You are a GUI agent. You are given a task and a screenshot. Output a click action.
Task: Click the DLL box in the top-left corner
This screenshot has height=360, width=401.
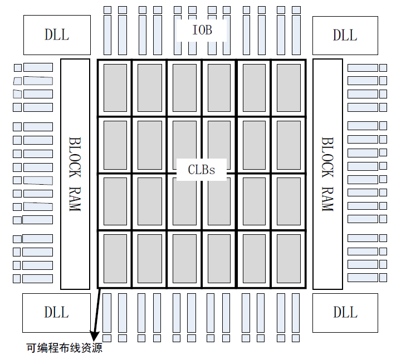click(57, 34)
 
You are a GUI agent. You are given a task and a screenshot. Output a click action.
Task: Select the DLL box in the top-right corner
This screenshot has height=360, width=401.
click(345, 34)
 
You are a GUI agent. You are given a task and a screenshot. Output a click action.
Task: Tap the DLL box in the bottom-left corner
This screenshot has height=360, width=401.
click(56, 312)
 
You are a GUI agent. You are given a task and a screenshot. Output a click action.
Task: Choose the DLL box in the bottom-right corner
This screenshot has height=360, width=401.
click(345, 312)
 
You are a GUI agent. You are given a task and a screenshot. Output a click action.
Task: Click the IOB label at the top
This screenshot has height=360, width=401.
click(202, 30)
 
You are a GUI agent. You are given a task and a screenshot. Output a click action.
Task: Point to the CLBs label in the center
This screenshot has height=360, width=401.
click(202, 169)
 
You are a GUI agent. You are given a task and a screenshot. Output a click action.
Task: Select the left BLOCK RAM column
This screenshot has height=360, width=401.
click(75, 174)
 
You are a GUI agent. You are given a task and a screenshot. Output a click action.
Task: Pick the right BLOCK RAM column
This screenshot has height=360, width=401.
click(327, 174)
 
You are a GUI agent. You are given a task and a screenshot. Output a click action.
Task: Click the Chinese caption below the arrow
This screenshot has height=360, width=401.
click(65, 348)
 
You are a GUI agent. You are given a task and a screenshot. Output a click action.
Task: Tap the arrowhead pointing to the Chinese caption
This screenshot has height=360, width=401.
click(94, 335)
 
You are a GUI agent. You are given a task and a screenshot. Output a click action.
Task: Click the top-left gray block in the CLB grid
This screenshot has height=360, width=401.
click(115, 88)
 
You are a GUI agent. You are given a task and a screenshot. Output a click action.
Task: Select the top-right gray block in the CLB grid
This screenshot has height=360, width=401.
click(288, 88)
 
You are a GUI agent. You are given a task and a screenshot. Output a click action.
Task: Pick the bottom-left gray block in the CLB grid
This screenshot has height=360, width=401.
click(115, 259)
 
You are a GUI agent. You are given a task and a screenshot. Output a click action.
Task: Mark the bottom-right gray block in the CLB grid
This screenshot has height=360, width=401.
click(288, 259)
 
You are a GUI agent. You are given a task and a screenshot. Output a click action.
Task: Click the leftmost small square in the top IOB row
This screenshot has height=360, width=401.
click(107, 10)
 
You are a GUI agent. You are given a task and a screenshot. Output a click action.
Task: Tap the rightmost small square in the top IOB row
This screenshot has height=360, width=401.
click(295, 10)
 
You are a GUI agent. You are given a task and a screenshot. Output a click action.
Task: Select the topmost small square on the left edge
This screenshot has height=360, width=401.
click(17, 68)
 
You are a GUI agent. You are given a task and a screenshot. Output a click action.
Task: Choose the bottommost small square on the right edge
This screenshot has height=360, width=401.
click(383, 278)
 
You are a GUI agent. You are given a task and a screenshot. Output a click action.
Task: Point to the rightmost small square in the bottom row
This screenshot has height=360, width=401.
click(295, 338)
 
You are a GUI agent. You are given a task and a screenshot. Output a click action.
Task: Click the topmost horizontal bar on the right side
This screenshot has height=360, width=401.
click(363, 68)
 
